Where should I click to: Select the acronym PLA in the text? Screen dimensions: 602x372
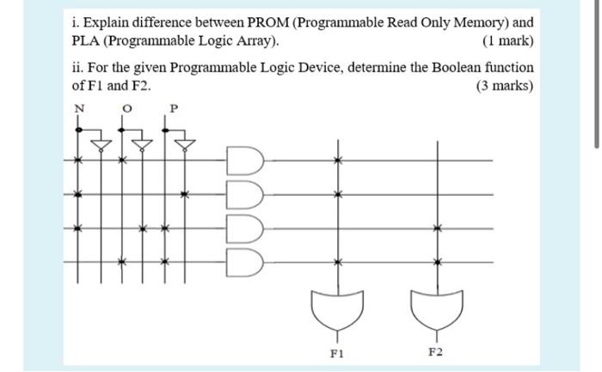[84, 41]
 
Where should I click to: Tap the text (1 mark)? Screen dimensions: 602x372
[507, 41]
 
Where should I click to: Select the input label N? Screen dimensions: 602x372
[79, 108]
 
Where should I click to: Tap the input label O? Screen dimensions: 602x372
[126, 108]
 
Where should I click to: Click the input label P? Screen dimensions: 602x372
[174, 108]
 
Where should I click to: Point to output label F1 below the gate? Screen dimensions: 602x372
[336, 353]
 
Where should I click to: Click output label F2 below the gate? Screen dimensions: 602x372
[436, 353]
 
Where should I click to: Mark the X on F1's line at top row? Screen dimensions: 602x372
[336, 160]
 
